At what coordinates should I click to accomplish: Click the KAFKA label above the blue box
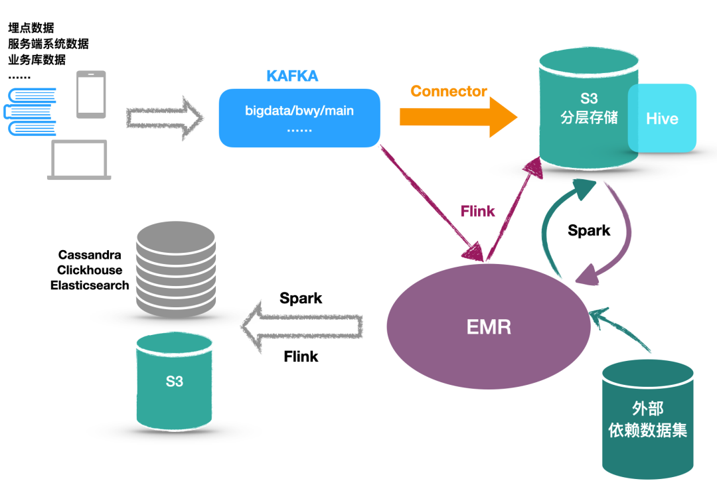pyautogui.click(x=292, y=76)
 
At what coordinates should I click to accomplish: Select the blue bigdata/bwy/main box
pyautogui.click(x=299, y=117)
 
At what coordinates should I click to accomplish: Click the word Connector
pyautogui.click(x=449, y=92)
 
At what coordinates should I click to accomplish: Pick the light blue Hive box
pyautogui.click(x=662, y=118)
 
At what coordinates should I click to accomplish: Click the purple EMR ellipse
pyautogui.click(x=488, y=326)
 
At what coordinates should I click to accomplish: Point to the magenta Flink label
pyautogui.click(x=477, y=211)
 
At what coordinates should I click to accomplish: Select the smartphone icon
pyautogui.click(x=91, y=94)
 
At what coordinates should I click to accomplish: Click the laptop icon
pyautogui.click(x=79, y=160)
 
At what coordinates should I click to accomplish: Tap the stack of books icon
pyautogui.click(x=31, y=111)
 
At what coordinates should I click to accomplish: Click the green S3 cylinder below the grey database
pyautogui.click(x=175, y=381)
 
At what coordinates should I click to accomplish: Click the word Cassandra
pyautogui.click(x=90, y=255)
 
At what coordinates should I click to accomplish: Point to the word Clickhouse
pyautogui.click(x=90, y=270)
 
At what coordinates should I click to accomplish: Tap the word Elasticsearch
pyautogui.click(x=90, y=285)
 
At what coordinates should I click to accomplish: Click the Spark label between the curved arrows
pyautogui.click(x=589, y=230)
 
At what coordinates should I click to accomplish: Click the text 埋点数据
pyautogui.click(x=31, y=28)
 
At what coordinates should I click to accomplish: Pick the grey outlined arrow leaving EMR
pyautogui.click(x=303, y=326)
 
